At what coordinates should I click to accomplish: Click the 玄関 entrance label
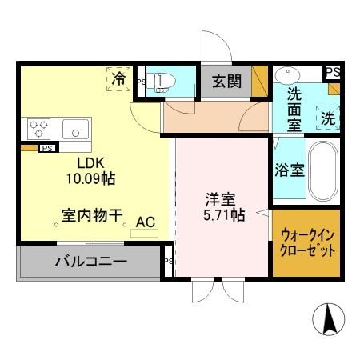[226, 80]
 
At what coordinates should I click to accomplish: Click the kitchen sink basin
[77, 127]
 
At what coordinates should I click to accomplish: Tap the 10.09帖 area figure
[85, 178]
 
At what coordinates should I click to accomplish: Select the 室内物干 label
[92, 215]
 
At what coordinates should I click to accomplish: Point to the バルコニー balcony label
[91, 260]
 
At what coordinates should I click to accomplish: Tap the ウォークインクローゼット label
[306, 242]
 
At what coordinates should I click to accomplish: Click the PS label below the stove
[47, 148]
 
